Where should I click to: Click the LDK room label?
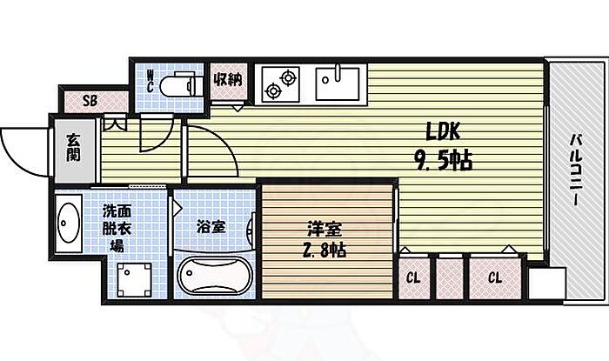pyautogui.click(x=443, y=131)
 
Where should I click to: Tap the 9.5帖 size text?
pyautogui.click(x=443, y=160)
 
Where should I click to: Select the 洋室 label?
pyautogui.click(x=325, y=229)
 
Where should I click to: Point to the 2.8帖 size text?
pyautogui.click(x=325, y=251)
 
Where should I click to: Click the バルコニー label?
pyautogui.click(x=577, y=170)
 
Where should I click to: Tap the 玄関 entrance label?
pyautogui.click(x=73, y=148)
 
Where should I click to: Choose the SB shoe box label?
pyautogui.click(x=90, y=101)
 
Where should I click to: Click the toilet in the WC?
pyautogui.click(x=181, y=84)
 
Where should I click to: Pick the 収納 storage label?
pyautogui.click(x=228, y=79)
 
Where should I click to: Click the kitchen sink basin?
pyautogui.click(x=338, y=83)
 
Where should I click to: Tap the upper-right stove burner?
pyautogui.click(x=288, y=77)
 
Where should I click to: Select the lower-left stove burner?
pyautogui.click(x=272, y=90)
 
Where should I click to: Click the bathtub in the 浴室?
pyautogui.click(x=214, y=275)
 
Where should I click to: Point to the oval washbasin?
pyautogui.click(x=69, y=223)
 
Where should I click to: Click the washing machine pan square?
pyautogui.click(x=134, y=280)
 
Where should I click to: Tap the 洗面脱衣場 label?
pyautogui.click(x=117, y=229)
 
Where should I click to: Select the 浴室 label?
pyautogui.click(x=211, y=227)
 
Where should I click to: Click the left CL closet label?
pyautogui.click(x=413, y=277)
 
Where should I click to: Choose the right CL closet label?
pyautogui.click(x=495, y=277)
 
